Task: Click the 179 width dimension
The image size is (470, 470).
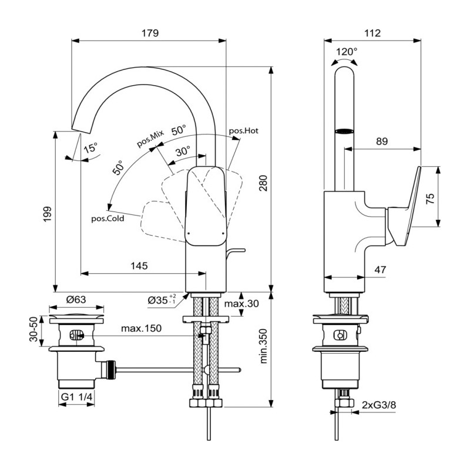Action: pos(150,33)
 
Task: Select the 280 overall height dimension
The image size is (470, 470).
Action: pos(263,183)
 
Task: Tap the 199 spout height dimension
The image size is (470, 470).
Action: pos(48,214)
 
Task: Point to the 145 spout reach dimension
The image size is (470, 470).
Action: pos(139,266)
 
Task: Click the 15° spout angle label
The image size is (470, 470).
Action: pos(90,148)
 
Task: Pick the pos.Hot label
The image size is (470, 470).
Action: pos(243,130)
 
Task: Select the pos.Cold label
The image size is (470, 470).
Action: pos(108,219)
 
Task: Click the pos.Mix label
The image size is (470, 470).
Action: pos(150,139)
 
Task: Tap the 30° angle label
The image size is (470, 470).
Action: pos(183,152)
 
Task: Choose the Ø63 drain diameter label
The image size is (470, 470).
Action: pos(76,299)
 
